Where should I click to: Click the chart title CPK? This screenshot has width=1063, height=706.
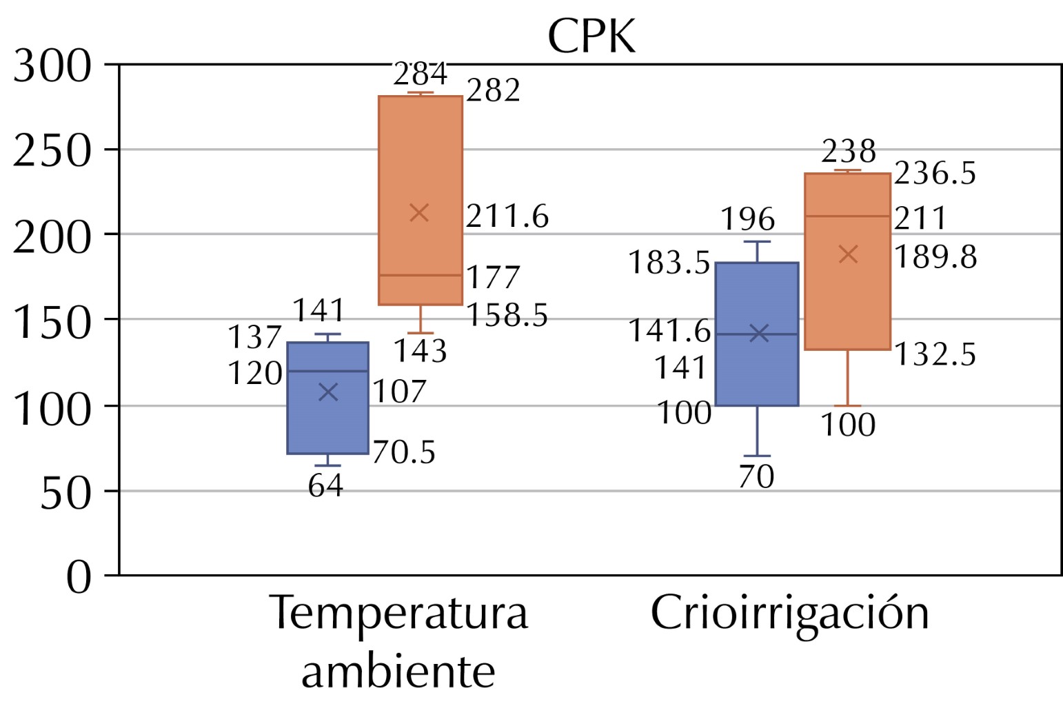pyautogui.click(x=591, y=37)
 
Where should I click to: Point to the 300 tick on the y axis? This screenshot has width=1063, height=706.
pyautogui.click(x=52, y=67)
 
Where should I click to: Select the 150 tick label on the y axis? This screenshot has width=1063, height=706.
pyautogui.click(x=52, y=321)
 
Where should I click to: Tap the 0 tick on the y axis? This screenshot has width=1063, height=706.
pyautogui.click(x=79, y=576)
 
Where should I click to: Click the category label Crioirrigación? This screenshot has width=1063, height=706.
pyautogui.click(x=789, y=613)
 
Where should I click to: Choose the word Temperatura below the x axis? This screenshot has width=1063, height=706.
pyautogui.click(x=399, y=613)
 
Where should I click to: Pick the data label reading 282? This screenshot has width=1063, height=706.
pyautogui.click(x=493, y=91)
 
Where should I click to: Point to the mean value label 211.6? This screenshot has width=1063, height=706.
pyautogui.click(x=507, y=216)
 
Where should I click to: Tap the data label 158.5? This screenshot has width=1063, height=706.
pyautogui.click(x=507, y=316)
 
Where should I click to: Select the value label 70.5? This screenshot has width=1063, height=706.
pyautogui.click(x=404, y=453)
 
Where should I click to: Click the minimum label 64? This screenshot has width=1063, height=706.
pyautogui.click(x=325, y=486)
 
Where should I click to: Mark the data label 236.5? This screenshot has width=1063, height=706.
pyautogui.click(x=935, y=174)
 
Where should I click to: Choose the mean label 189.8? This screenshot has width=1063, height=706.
pyautogui.click(x=935, y=257)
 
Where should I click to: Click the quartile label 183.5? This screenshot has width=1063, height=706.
pyautogui.click(x=669, y=263)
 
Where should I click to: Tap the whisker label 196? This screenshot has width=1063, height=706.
pyautogui.click(x=748, y=220)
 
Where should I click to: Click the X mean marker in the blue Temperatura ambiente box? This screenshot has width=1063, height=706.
pyautogui.click(x=328, y=392)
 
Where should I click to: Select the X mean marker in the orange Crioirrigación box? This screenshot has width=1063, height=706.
pyautogui.click(x=848, y=254)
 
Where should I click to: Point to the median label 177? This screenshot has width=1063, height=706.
pyautogui.click(x=493, y=278)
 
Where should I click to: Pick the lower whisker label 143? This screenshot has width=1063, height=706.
pyautogui.click(x=420, y=352)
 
